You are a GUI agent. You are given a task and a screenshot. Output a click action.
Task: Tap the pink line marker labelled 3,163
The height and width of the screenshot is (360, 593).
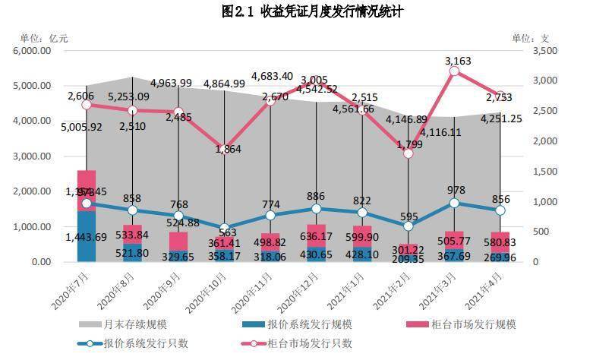(454, 71)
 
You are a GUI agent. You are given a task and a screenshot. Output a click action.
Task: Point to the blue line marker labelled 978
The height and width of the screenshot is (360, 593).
(454, 203)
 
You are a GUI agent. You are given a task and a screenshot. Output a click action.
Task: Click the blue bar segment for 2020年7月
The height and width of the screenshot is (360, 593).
(87, 235)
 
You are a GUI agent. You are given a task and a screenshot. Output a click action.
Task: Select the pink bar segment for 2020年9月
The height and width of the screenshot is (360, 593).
(178, 241)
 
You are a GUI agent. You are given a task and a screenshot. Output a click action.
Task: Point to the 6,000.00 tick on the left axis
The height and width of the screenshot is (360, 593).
(32, 50)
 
